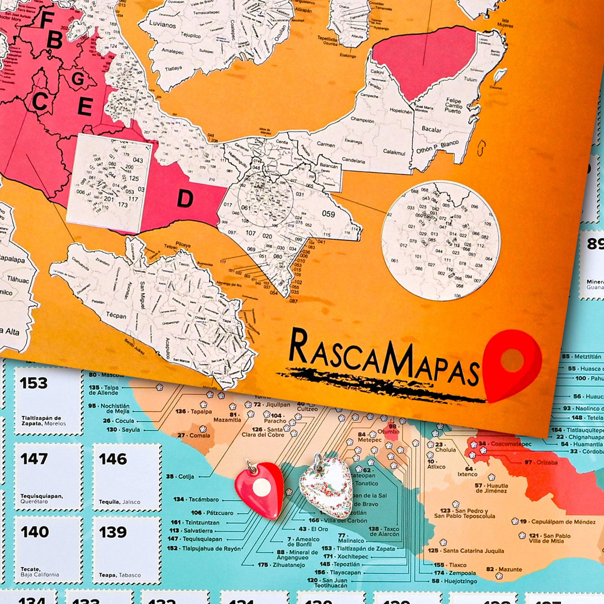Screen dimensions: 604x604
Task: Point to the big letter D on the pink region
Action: [185, 199]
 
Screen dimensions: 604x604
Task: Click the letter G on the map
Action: [78, 79]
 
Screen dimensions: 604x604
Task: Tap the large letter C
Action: [39, 102]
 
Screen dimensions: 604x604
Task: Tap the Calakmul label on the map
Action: [394, 152]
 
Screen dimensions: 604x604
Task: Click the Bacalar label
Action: [431, 130]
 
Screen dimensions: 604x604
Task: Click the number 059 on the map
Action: [328, 214]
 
